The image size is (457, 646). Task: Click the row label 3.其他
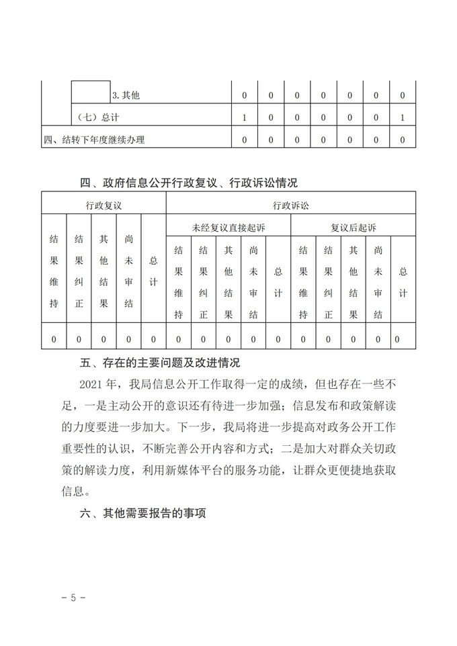pos(126,96)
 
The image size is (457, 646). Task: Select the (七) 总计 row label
pos(98,118)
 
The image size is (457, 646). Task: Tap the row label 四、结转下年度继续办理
pos(94,140)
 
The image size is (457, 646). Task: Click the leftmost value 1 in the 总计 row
pos(245,118)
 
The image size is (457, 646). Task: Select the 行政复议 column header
pos(103,204)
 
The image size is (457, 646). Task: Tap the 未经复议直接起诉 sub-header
pos(229,228)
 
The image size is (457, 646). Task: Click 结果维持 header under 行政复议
pos(54,270)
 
